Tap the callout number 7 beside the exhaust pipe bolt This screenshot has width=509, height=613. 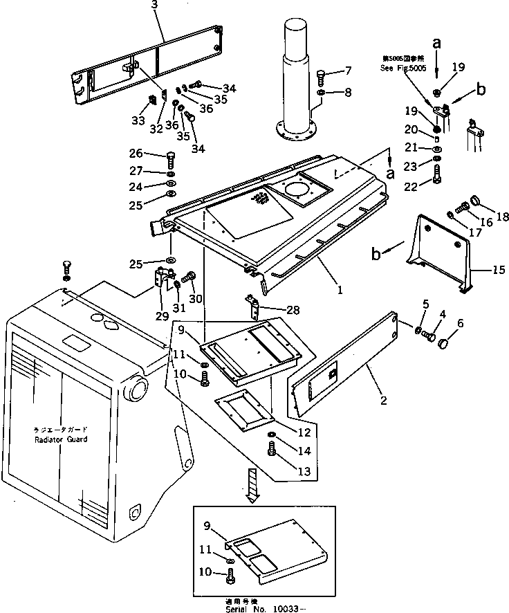point(348,71)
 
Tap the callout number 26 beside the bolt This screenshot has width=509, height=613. point(136,154)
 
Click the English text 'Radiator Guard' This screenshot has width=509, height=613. point(62,439)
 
